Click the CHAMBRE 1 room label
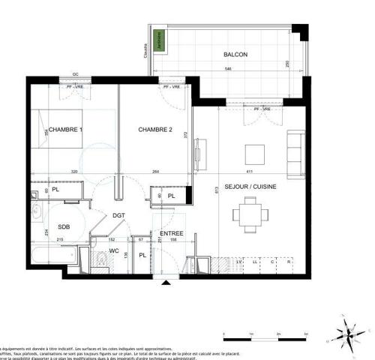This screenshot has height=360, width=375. point(66,130)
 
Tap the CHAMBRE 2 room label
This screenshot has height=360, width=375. point(155,130)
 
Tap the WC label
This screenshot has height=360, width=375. point(114,250)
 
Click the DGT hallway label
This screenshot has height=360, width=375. point(118,215)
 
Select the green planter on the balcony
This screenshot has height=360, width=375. point(158,41)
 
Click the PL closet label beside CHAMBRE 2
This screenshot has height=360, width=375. point(171,196)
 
